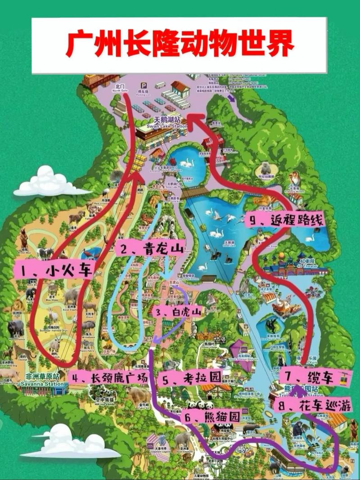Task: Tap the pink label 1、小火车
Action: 54,271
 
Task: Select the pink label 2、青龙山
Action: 149,249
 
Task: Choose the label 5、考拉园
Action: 191,378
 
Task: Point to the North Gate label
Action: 121,88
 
